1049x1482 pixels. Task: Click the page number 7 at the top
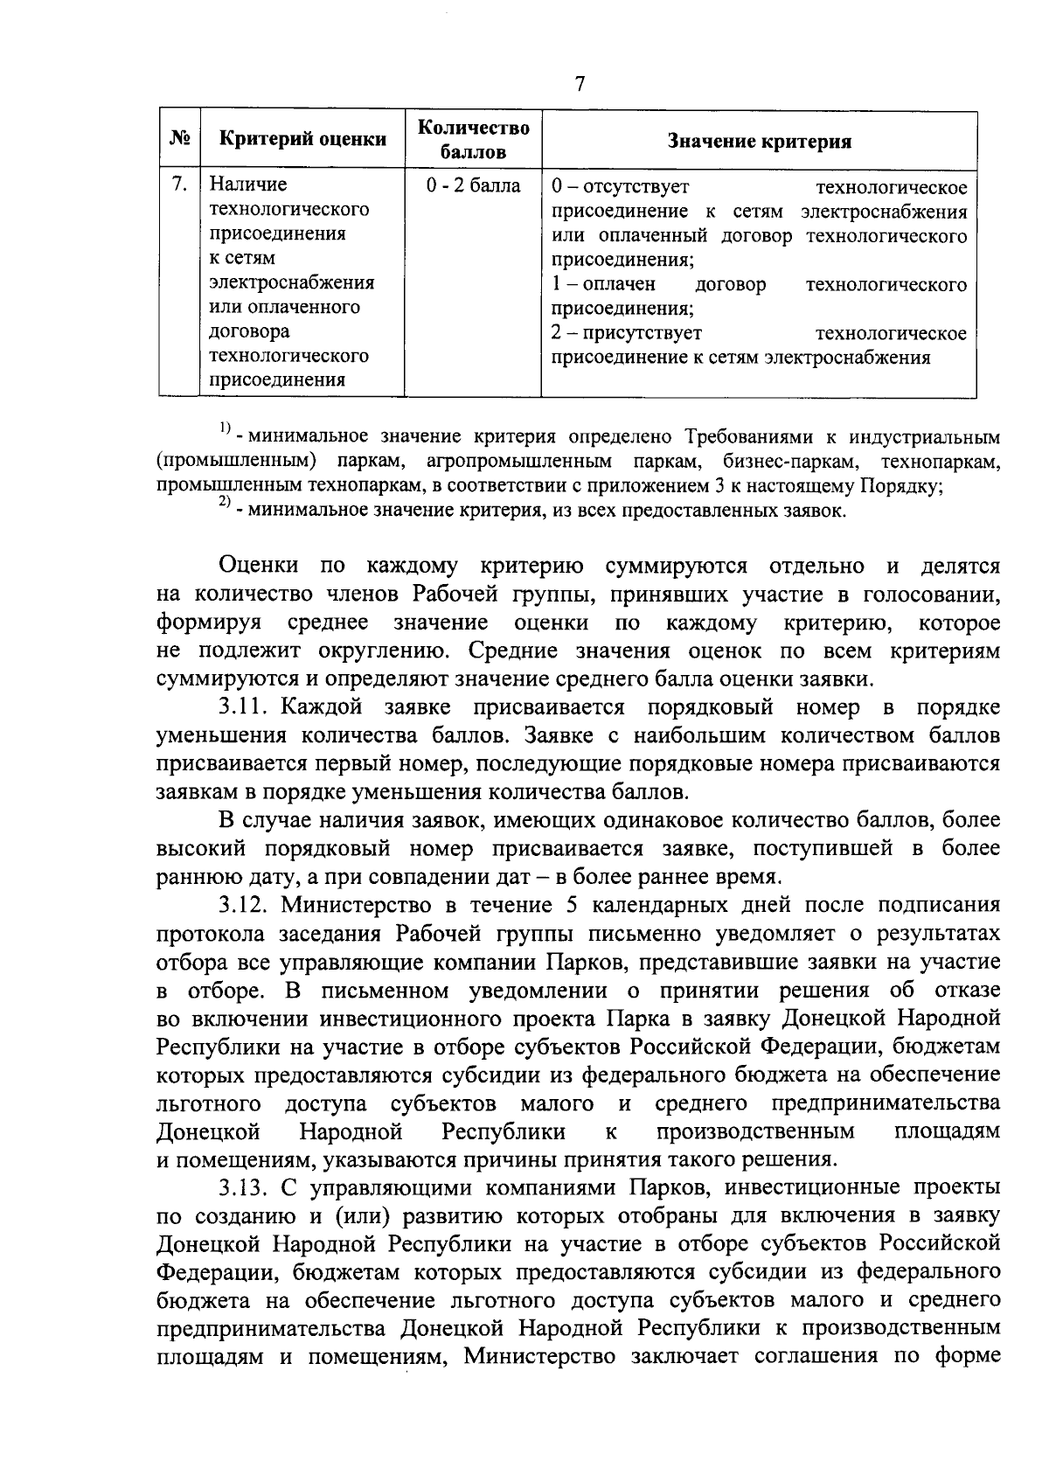[x=579, y=84]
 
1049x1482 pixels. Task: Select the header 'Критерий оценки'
[x=302, y=139]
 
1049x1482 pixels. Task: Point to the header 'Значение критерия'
[x=759, y=142]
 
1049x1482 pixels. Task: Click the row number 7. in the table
[x=179, y=184]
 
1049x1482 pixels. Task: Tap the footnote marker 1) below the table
[x=225, y=428]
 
